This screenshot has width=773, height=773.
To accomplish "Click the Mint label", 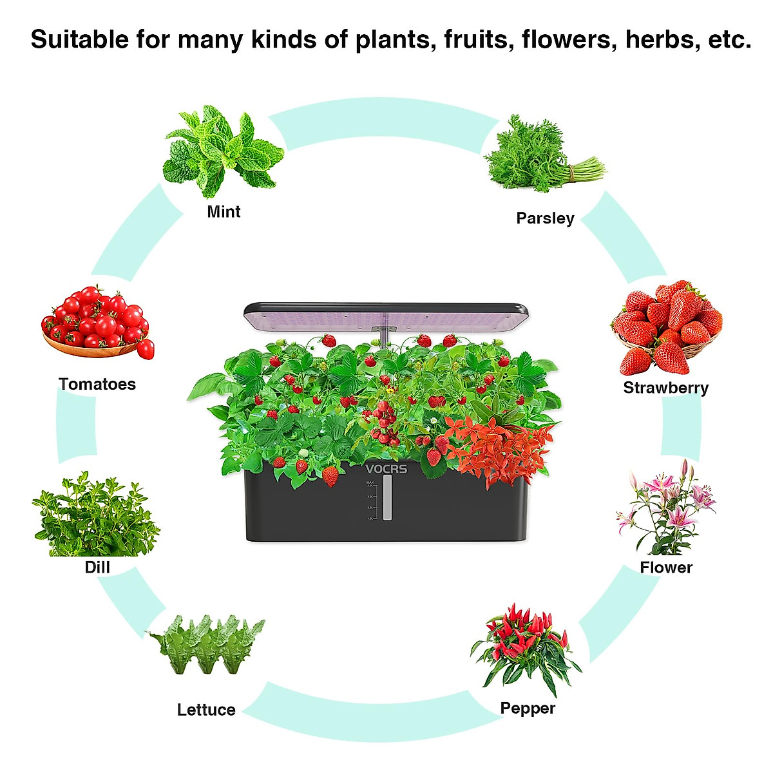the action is (224, 212).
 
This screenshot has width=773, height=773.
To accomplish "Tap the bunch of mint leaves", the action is (222, 151).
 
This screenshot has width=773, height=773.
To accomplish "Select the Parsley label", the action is (545, 218).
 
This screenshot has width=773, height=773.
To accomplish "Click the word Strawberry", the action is (665, 388).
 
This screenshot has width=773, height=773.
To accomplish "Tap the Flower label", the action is (666, 568).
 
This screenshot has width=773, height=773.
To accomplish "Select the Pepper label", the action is (528, 709).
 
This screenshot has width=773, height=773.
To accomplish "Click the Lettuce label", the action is (206, 710).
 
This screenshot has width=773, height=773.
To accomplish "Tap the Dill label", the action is (97, 568).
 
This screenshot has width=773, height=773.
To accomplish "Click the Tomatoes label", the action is (97, 385).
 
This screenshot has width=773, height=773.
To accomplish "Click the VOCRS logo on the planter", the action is (386, 469).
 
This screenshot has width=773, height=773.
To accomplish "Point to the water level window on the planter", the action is (387, 498).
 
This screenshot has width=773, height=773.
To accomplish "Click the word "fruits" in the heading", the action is (479, 40).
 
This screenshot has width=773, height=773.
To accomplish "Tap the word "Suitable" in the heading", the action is (80, 40).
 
